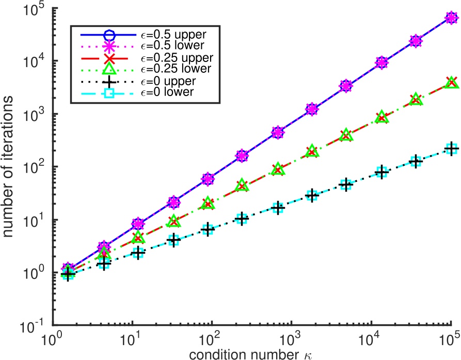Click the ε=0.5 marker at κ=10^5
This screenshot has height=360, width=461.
(x=451, y=18)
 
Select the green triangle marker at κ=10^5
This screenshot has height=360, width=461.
(x=451, y=82)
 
